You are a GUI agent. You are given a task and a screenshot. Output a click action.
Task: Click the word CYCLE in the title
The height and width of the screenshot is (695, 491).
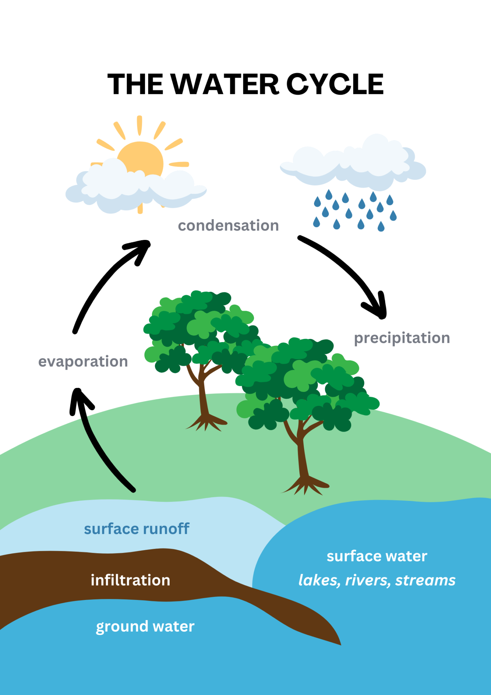pyautogui.click(x=335, y=84)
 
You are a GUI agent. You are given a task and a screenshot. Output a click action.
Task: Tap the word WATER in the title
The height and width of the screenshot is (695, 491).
pyautogui.click(x=225, y=84)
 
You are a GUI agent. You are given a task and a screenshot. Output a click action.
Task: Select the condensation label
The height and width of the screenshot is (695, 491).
pyautogui.click(x=228, y=226)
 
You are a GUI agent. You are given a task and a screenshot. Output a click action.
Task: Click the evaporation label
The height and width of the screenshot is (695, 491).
pyautogui.click(x=83, y=361)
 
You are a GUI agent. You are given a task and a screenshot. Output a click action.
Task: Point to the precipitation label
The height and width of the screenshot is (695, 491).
pyautogui.click(x=402, y=338)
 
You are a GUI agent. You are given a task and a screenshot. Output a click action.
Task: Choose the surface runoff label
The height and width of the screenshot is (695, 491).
pyautogui.click(x=137, y=529)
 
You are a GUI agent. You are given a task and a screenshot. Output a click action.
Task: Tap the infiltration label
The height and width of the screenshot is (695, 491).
pyautogui.click(x=131, y=580)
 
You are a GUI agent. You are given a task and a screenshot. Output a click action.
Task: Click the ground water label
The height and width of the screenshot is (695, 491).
pyautogui.click(x=145, y=626)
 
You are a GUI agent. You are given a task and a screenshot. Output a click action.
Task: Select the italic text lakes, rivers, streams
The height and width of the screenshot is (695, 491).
pyautogui.click(x=377, y=580)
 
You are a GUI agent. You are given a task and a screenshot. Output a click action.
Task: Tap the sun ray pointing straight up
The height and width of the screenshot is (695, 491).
pyautogui.click(x=139, y=125)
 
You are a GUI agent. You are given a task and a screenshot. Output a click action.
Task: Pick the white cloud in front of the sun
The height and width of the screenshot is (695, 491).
pyautogui.click(x=136, y=188)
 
